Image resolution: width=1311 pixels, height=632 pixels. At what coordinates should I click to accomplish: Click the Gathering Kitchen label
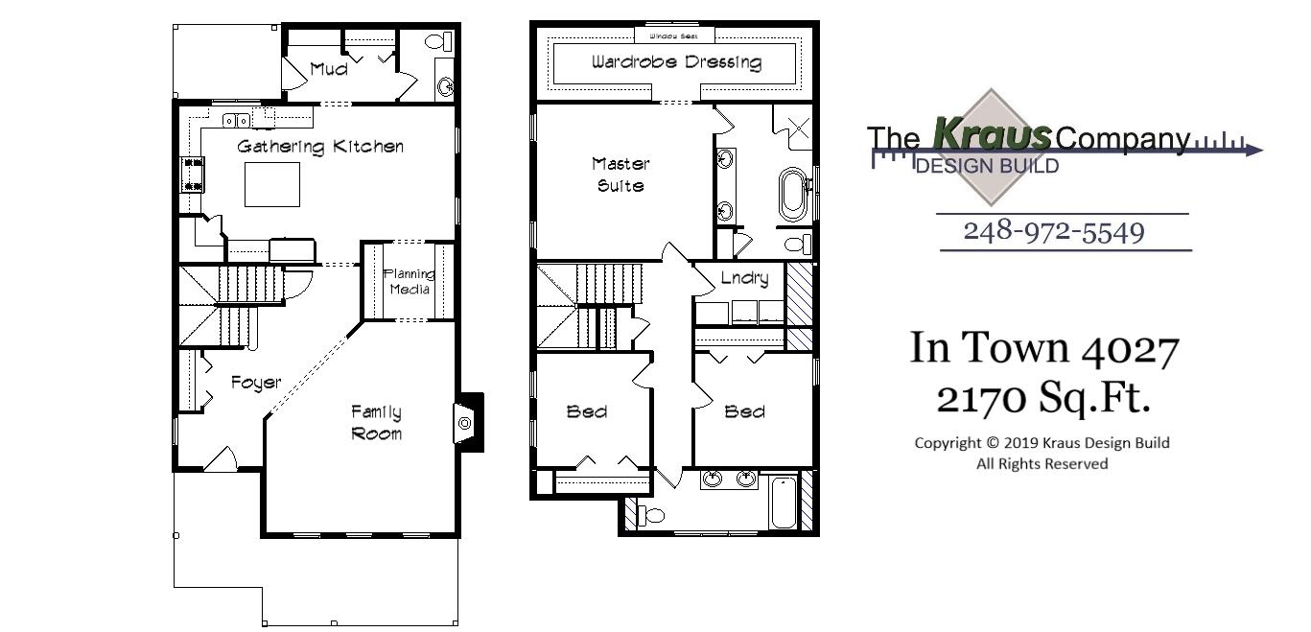(x=320, y=147)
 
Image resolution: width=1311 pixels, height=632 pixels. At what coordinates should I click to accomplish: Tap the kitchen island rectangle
(x=272, y=184)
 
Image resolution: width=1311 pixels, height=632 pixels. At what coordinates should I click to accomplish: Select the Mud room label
(x=328, y=69)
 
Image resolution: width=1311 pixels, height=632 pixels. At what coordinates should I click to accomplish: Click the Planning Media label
(x=408, y=282)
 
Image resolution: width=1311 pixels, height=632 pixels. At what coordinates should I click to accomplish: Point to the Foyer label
(x=256, y=383)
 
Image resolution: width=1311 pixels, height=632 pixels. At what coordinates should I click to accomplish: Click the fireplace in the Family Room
(x=465, y=422)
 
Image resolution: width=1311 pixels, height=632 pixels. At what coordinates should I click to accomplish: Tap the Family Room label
(x=376, y=423)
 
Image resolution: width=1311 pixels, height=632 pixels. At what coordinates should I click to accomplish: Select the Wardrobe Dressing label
(x=676, y=63)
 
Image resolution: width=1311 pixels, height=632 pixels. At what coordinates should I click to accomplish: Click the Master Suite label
(x=620, y=175)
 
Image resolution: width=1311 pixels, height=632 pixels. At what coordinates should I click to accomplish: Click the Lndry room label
(x=744, y=278)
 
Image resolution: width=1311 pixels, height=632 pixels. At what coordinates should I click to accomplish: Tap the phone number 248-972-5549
(x=1053, y=231)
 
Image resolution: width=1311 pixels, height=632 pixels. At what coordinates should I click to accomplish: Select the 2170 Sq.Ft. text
(x=1042, y=398)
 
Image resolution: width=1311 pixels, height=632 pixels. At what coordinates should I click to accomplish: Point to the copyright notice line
(x=1042, y=443)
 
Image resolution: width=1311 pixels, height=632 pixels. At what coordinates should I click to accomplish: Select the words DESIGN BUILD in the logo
(x=988, y=167)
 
